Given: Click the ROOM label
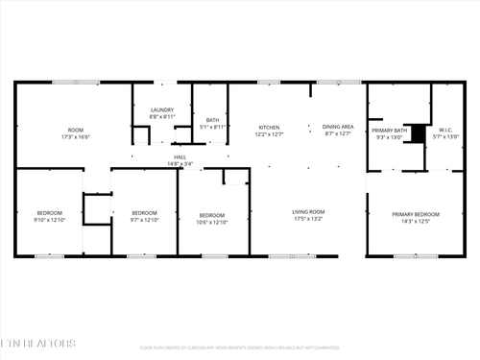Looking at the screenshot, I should coord(75,130).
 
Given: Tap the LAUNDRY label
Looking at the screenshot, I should coord(162,110).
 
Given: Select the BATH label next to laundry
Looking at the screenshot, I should coord(212,119).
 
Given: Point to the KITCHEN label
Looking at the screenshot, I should coord(269,127).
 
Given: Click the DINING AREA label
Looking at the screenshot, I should coord(337,127).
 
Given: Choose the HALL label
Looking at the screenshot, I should coord(180,157).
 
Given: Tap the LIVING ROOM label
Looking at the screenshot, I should coord(308,212).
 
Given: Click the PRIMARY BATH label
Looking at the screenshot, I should coord(390,130).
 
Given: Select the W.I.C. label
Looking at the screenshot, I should coord(445,130).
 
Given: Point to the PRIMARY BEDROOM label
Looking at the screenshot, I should coord(416,214).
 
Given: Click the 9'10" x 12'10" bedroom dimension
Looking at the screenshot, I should coord(50,219).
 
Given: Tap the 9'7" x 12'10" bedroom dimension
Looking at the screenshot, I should coord(144,219).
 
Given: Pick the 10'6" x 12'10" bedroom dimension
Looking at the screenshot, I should coord(212,222).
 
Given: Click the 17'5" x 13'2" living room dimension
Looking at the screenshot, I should coord(308,219).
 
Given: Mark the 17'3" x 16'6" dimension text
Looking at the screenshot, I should coord(75,136).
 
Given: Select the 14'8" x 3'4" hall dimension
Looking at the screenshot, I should coord(180,164).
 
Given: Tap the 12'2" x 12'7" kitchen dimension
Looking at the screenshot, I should coord(269,133).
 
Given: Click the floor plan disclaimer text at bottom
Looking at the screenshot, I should coord(240,348).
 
